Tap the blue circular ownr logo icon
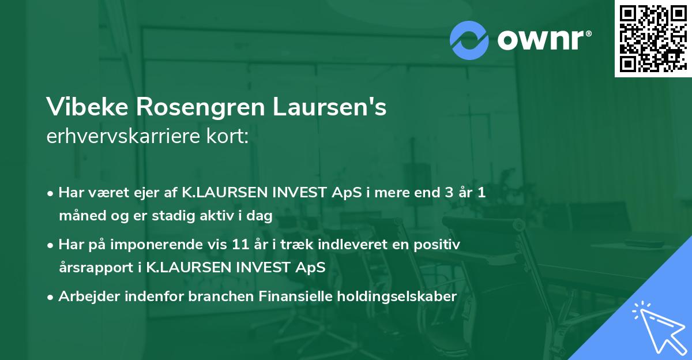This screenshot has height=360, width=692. (470, 40)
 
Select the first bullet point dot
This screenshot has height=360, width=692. (51, 193)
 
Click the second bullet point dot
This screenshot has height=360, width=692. (51, 245)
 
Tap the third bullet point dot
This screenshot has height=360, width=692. (51, 297)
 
